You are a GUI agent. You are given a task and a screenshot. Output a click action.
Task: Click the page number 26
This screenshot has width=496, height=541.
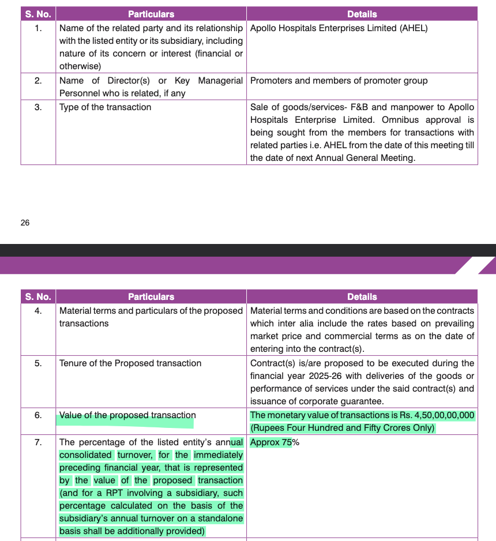[x=25, y=223]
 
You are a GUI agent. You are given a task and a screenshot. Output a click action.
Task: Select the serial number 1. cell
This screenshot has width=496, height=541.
[x=38, y=28]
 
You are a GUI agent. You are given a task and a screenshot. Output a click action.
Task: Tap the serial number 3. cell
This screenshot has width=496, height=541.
[x=38, y=107]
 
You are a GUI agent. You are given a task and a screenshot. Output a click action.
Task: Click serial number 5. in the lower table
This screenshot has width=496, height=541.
[x=38, y=363]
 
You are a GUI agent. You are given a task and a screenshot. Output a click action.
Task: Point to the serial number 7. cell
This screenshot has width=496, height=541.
[x=38, y=442]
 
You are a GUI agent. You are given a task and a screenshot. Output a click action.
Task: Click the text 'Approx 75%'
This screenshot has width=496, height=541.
[x=275, y=442]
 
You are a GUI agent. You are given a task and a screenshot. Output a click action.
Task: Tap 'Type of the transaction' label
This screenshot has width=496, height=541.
[x=105, y=107]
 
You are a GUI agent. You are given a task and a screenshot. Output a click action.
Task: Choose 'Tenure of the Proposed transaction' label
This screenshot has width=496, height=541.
[x=130, y=363]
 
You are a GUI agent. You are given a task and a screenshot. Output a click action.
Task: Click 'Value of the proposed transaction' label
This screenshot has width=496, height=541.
[x=127, y=415]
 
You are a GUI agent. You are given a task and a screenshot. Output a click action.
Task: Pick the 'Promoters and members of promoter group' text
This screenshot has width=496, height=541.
[x=339, y=81]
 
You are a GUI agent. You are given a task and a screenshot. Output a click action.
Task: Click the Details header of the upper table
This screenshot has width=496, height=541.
[x=362, y=14]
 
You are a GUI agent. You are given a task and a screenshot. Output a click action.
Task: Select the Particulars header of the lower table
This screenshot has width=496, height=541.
[x=151, y=296]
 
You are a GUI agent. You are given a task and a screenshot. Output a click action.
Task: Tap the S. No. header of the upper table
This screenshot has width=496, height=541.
[x=38, y=14]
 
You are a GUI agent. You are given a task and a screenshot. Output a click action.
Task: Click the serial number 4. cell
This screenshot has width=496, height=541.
[x=38, y=311]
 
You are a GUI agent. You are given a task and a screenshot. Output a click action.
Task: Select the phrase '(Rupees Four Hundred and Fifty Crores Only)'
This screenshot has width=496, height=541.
[x=343, y=428]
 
